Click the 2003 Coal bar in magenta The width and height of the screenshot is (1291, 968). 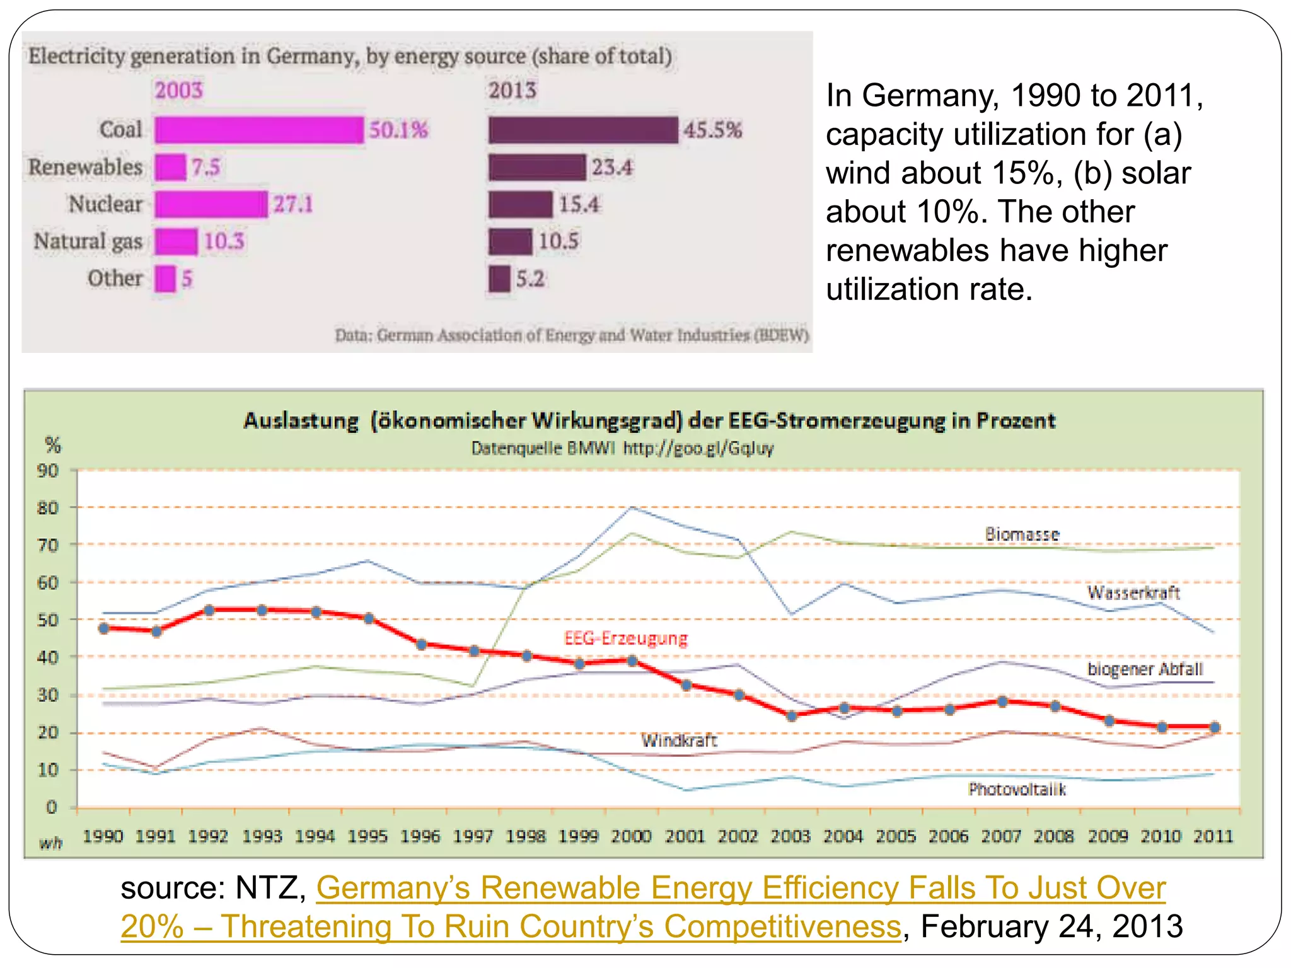tap(259, 130)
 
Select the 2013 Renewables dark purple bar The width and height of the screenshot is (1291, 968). tap(537, 167)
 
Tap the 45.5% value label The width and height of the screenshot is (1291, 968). tap(713, 130)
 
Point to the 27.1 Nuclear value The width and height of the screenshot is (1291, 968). tap(293, 204)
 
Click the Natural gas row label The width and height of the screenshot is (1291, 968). tap(88, 241)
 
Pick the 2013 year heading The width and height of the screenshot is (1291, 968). tap(512, 90)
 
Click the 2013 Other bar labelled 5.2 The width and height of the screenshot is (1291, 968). tap(499, 279)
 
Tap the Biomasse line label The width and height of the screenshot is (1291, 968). tap(1022, 534)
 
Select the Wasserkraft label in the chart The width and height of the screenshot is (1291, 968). tap(1133, 592)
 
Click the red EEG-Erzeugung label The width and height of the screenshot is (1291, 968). tap(625, 638)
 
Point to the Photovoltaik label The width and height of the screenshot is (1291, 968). tap(1017, 789)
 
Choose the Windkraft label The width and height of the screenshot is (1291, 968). tap(679, 740)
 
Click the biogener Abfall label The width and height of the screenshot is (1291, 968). tap(1145, 669)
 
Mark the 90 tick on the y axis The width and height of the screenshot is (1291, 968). tap(49, 471)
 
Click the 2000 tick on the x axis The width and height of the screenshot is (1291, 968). tap(631, 836)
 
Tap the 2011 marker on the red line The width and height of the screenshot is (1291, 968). tap(1215, 727)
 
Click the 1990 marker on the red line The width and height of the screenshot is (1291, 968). tap(105, 628)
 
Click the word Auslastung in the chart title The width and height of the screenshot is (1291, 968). tap(301, 420)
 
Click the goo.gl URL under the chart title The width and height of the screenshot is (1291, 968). tap(698, 448)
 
